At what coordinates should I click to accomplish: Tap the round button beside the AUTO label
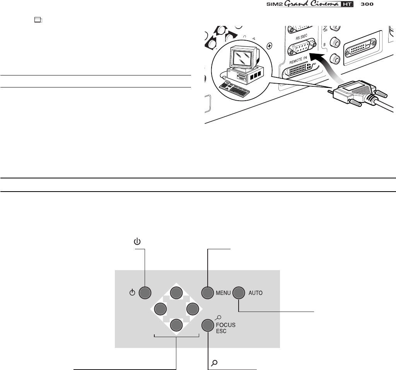coord(239,293)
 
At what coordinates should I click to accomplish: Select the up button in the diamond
coord(176,293)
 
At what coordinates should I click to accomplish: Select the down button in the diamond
coord(176,324)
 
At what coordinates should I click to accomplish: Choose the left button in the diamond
coord(160,308)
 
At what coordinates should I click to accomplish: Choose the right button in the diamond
coord(192,308)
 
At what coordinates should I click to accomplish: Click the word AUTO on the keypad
coord(256,293)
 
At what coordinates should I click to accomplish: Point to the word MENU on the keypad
coord(222,293)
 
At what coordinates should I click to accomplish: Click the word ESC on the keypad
coord(221,331)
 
